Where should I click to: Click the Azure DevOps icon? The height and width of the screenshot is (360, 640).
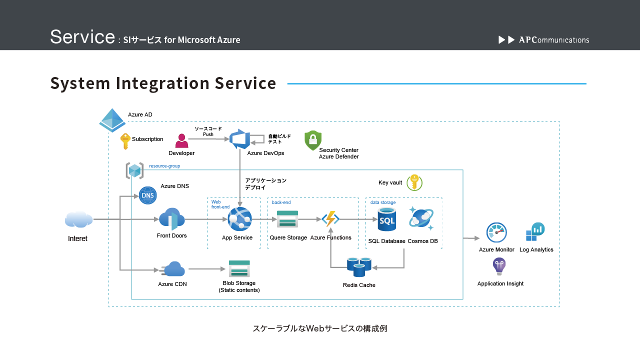pyautogui.click(x=240, y=138)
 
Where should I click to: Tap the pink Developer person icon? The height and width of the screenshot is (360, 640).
pyautogui.click(x=181, y=141)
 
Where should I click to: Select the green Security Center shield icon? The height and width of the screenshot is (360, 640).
pyautogui.click(x=313, y=140)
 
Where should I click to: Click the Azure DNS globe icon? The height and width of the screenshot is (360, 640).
pyautogui.click(x=147, y=195)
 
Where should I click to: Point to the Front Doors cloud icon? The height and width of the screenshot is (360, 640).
pyautogui.click(x=172, y=219)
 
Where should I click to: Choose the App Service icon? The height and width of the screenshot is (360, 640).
pyautogui.click(x=239, y=219)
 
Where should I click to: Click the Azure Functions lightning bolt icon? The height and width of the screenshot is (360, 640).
pyautogui.click(x=330, y=219)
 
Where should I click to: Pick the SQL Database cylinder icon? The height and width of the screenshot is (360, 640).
pyautogui.click(x=386, y=219)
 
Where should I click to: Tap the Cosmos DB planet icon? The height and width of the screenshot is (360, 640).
pyautogui.click(x=421, y=218)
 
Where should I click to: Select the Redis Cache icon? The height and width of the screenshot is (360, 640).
pyautogui.click(x=359, y=267)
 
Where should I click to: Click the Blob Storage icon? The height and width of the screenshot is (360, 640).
pyautogui.click(x=239, y=268)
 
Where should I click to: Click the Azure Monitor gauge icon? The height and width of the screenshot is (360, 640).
pyautogui.click(x=496, y=232)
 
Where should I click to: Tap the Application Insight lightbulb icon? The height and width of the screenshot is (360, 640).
pyautogui.click(x=499, y=266)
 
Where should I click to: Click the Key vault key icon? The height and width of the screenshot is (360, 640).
pyautogui.click(x=414, y=182)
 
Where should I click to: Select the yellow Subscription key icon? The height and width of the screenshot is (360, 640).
pyautogui.click(x=125, y=141)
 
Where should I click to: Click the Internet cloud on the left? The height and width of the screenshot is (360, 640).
pyautogui.click(x=78, y=219)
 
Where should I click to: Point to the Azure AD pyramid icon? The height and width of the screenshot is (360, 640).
pyautogui.click(x=112, y=120)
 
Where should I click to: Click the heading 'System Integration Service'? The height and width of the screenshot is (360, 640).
pyautogui.click(x=163, y=83)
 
